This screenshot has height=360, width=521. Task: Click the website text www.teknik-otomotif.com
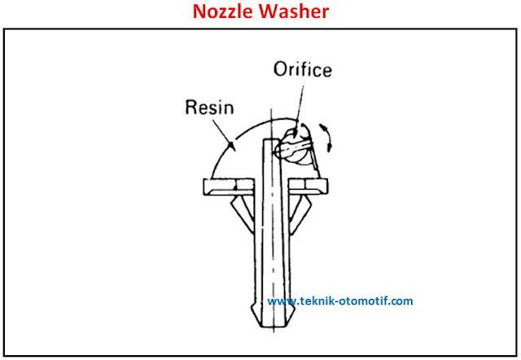[339, 301]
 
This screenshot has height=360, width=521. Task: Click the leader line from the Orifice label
[291, 106]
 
